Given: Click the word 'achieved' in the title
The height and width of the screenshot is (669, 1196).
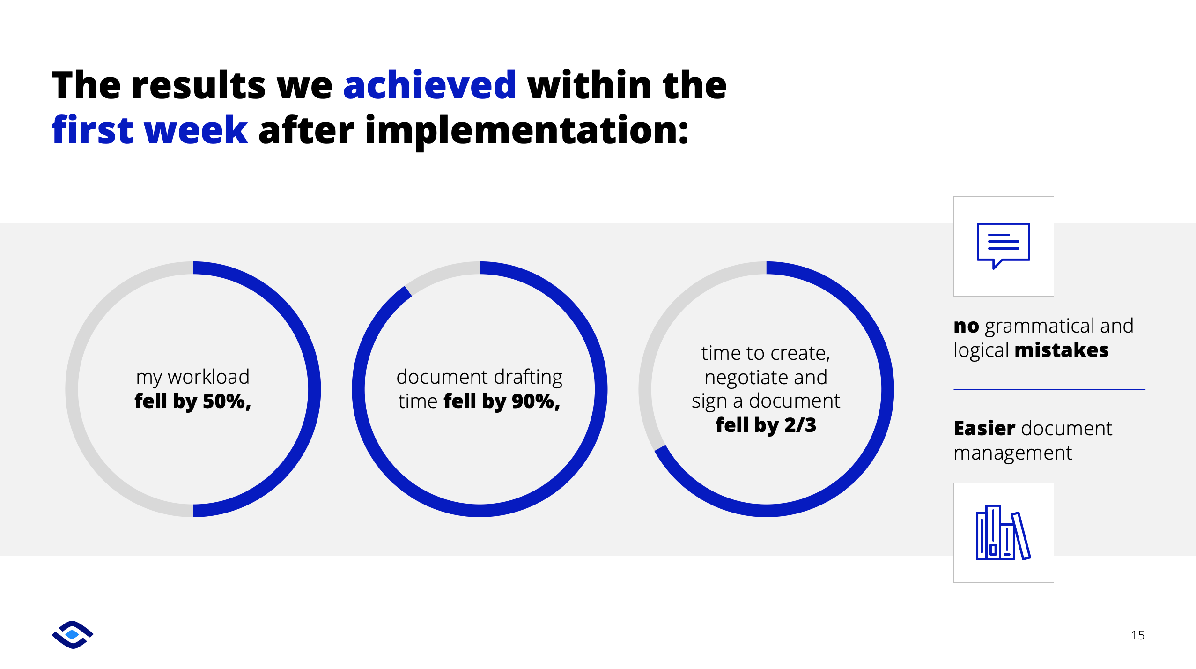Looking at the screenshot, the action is pyautogui.click(x=429, y=85).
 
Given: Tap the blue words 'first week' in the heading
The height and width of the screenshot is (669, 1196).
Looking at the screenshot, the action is pyautogui.click(x=149, y=130).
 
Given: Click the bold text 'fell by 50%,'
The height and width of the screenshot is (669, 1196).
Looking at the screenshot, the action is pyautogui.click(x=193, y=401).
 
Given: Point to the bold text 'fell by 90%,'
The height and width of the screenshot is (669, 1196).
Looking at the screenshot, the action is pyautogui.click(x=502, y=401).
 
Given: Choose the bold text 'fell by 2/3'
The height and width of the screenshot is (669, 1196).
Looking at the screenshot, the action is pyautogui.click(x=766, y=425).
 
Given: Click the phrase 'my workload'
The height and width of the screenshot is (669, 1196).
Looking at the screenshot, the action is pyautogui.click(x=193, y=377).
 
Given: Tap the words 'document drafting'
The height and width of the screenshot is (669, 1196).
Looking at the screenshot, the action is pyautogui.click(x=480, y=377).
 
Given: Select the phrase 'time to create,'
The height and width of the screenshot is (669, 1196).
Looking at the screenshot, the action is pyautogui.click(x=766, y=353).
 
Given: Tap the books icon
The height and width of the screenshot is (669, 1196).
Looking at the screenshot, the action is pyautogui.click(x=1004, y=533).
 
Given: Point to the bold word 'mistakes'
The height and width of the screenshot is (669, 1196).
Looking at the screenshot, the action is pyautogui.click(x=1062, y=350).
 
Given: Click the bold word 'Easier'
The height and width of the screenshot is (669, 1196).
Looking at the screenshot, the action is pyautogui.click(x=984, y=429).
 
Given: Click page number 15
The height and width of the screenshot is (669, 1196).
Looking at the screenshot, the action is pyautogui.click(x=1138, y=635).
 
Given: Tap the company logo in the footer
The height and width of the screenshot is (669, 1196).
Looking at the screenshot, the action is pyautogui.click(x=73, y=635).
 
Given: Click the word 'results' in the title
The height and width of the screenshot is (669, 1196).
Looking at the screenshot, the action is pyautogui.click(x=199, y=85).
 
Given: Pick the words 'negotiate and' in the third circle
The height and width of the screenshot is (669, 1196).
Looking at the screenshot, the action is pyautogui.click(x=766, y=378).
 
